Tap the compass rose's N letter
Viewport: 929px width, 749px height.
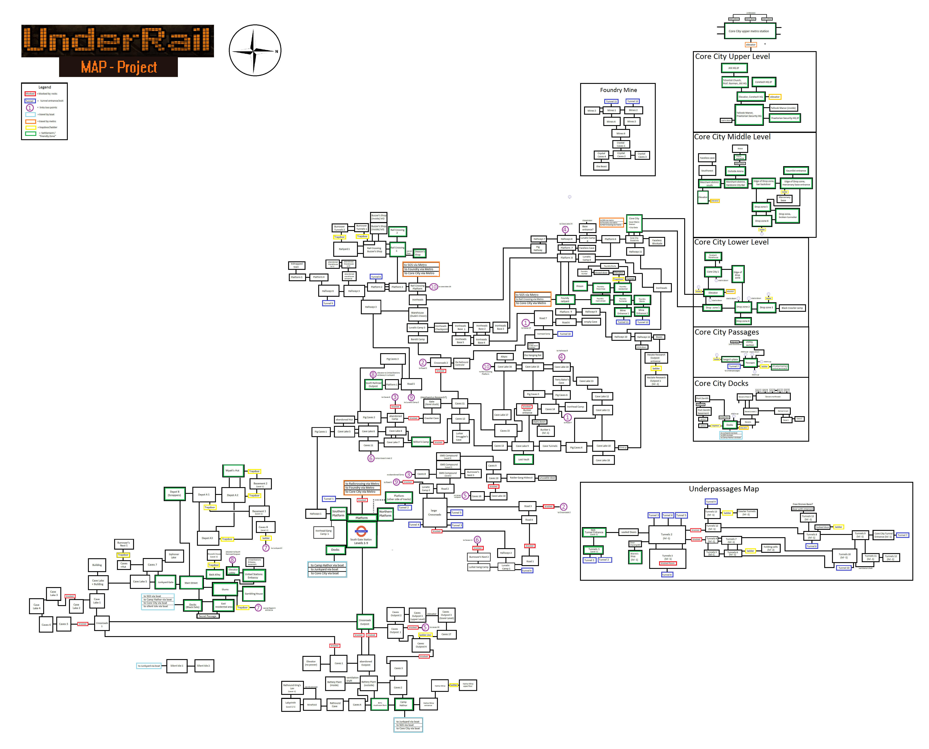coord(277,51)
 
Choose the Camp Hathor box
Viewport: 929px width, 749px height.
coord(404,704)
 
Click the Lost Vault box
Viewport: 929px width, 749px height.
coord(523,460)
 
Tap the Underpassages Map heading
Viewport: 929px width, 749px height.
coord(724,489)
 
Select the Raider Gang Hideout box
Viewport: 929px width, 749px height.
coord(521,478)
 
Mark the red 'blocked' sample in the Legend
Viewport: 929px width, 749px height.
coord(30,94)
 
